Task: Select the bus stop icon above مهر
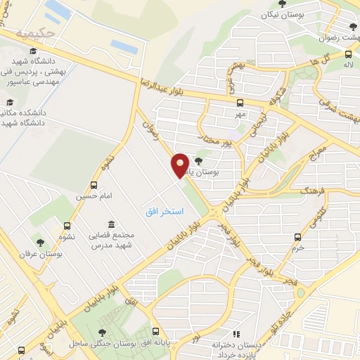241,103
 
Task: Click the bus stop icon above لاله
349,54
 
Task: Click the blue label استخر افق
165,212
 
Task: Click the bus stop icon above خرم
298,237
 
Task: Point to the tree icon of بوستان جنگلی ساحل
103,332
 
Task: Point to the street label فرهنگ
309,189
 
